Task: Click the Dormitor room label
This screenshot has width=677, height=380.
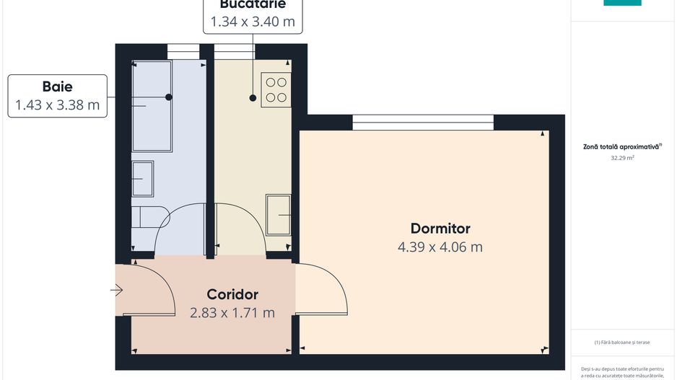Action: [x=440, y=229]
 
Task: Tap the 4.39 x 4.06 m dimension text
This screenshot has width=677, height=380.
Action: [x=440, y=247]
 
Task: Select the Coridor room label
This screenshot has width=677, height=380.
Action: [x=232, y=294]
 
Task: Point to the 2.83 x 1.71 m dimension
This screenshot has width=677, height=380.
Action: [x=232, y=313]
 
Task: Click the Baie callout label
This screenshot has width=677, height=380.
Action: [x=58, y=87]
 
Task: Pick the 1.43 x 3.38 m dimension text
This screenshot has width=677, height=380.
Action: [x=58, y=105]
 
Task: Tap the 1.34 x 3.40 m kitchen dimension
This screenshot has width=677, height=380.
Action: [x=253, y=22]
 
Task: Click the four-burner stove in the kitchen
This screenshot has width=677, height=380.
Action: [x=276, y=90]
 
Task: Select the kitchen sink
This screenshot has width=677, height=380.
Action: [x=279, y=214]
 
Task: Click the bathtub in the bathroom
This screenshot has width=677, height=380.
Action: [x=152, y=106]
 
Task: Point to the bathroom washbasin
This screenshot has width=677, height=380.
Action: [x=142, y=178]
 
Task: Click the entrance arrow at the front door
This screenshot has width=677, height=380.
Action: [x=117, y=291]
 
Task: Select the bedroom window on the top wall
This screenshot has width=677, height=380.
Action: [x=423, y=123]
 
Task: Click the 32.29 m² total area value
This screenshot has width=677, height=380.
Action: [x=622, y=156]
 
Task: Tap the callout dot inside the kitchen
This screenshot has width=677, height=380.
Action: [x=253, y=97]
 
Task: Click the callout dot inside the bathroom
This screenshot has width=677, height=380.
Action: [x=169, y=97]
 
